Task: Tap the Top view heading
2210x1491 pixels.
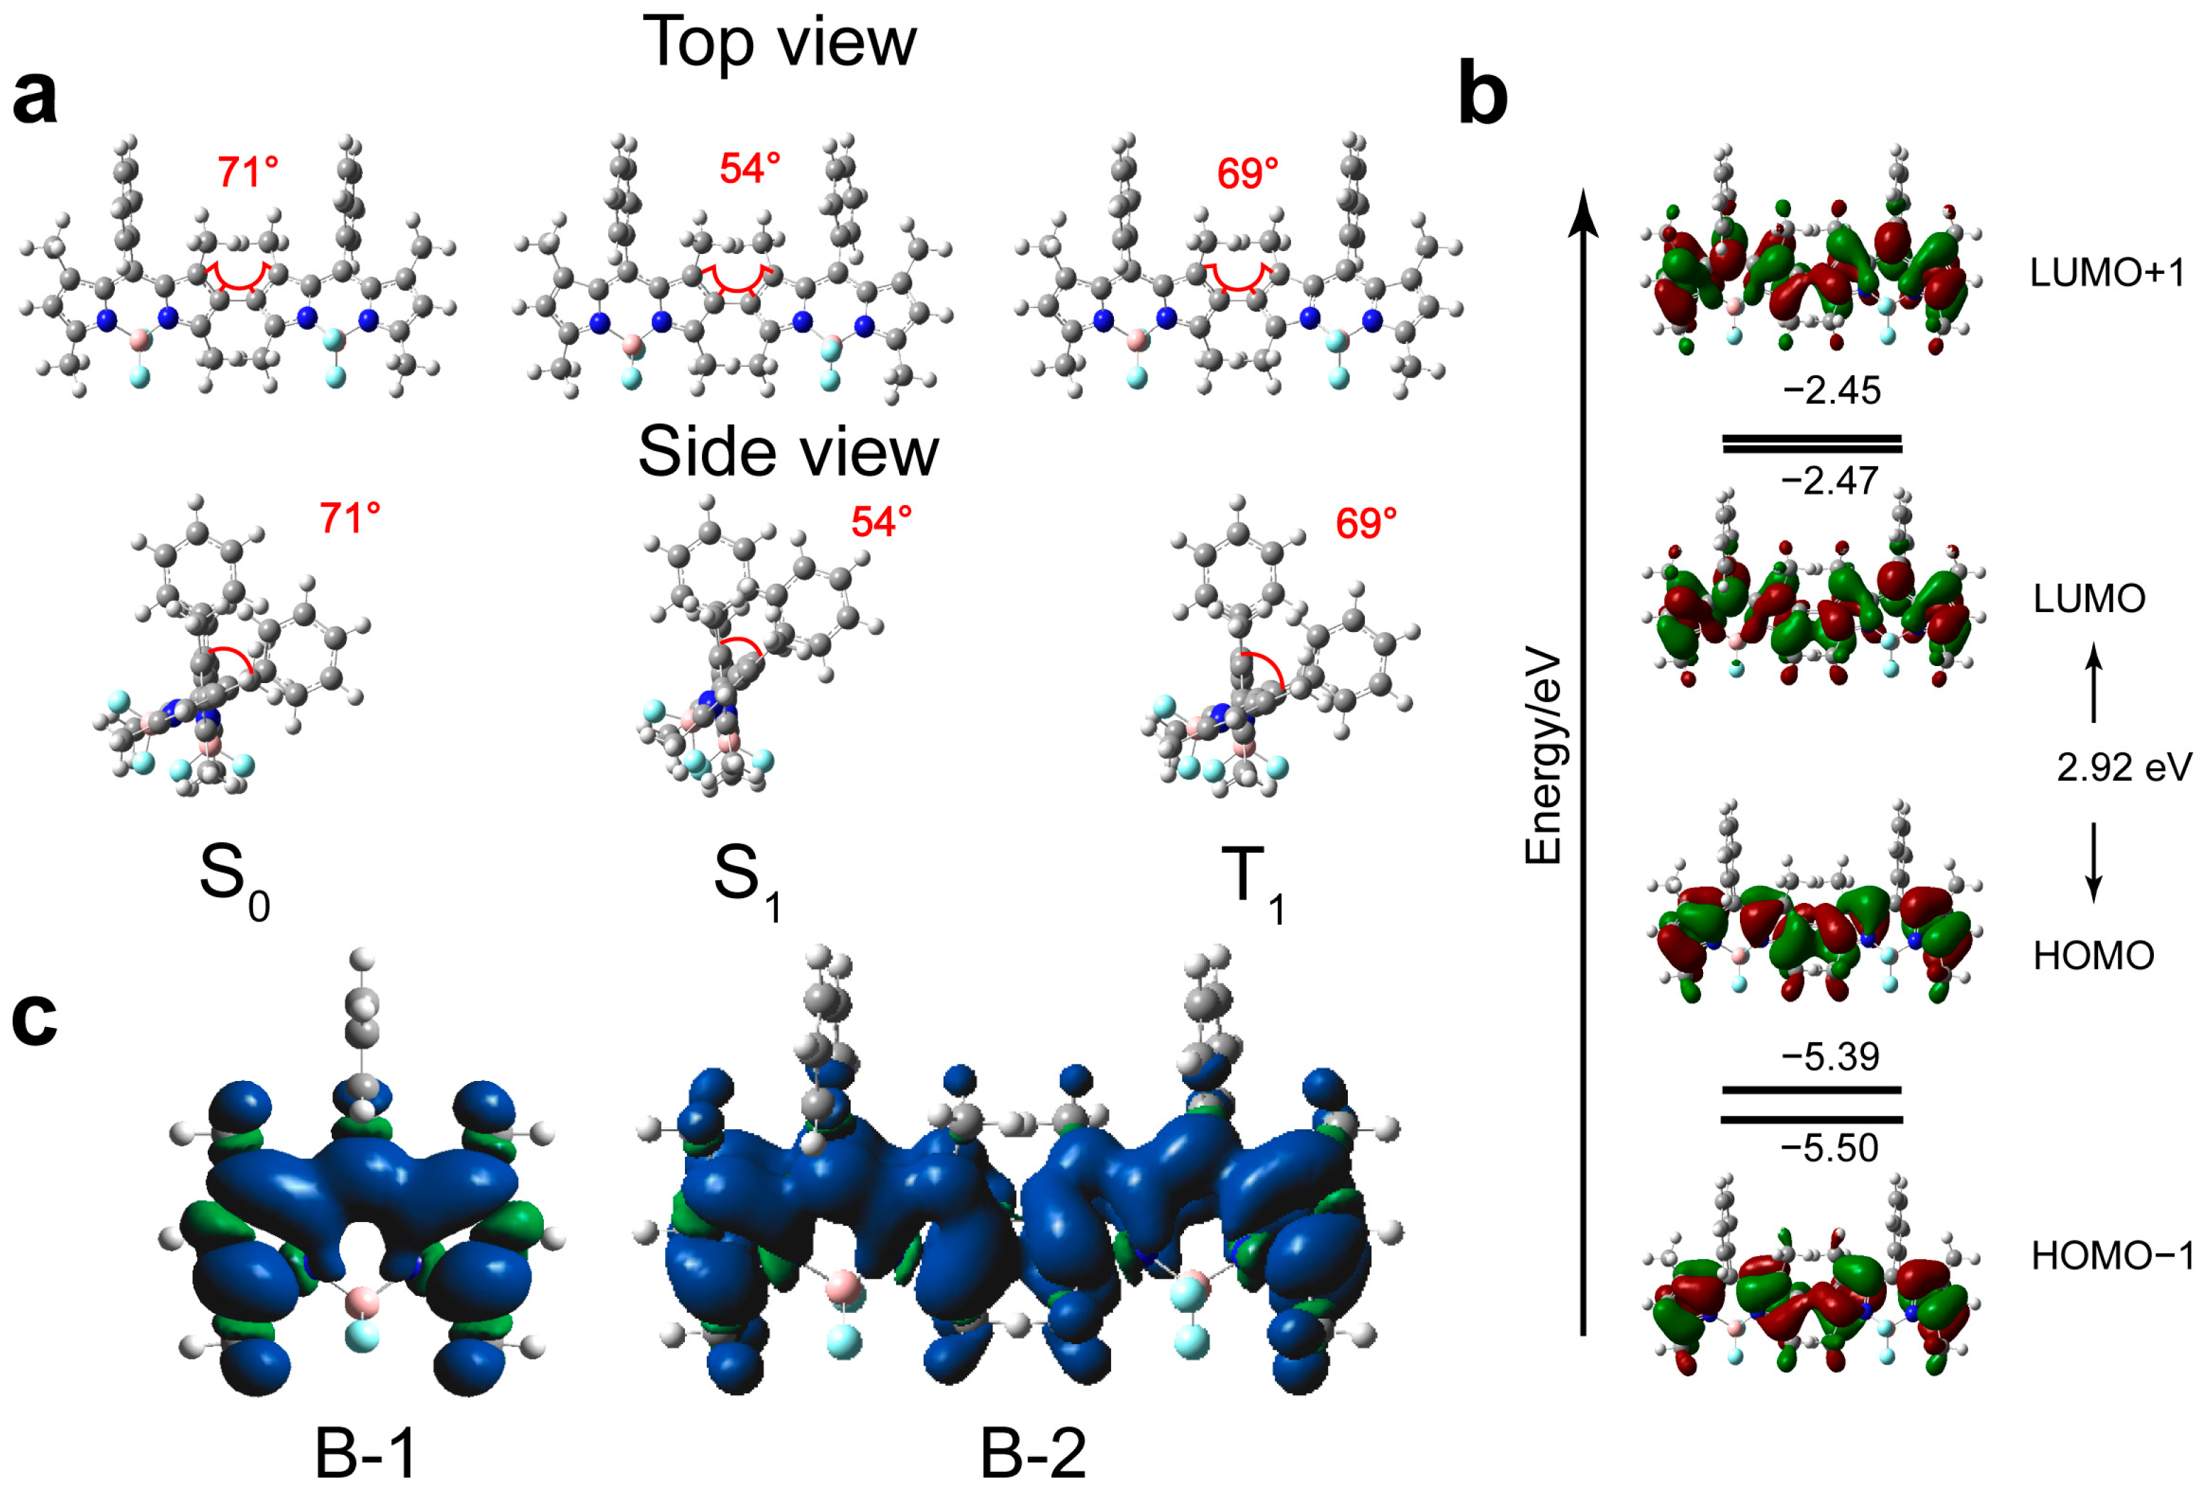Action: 779,42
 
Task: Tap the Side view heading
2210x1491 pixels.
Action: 788,453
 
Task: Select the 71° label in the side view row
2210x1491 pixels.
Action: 350,519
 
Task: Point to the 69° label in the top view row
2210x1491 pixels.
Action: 1247,174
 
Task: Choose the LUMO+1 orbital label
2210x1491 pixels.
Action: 2106,274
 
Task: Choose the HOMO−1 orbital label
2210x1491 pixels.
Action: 2112,1257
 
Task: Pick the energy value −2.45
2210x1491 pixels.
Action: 1831,391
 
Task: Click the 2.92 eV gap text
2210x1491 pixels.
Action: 2124,766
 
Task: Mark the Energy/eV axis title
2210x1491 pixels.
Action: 1544,756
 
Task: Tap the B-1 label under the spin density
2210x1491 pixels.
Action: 365,1455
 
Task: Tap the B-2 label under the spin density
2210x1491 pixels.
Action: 1032,1455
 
